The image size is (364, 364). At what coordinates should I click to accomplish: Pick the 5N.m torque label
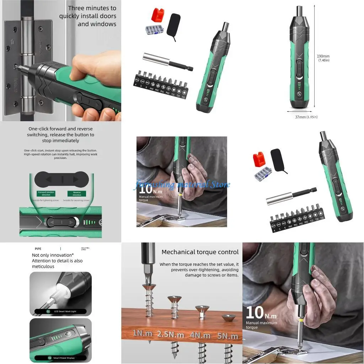coord(228,336)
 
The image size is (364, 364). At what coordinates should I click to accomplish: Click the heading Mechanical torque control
coord(200,252)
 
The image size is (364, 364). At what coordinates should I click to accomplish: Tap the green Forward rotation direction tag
coord(46,193)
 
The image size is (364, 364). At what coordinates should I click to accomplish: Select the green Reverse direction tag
coord(77,193)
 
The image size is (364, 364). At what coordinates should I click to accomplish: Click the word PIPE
coord(38,249)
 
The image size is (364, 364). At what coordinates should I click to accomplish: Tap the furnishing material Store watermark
coord(182,184)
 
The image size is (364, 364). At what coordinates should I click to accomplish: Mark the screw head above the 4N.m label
coord(202,309)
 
